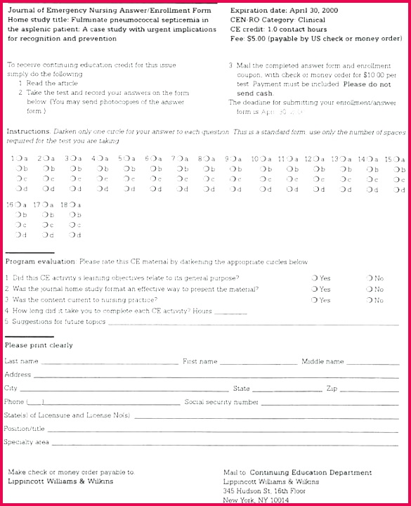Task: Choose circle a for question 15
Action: [395, 159]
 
